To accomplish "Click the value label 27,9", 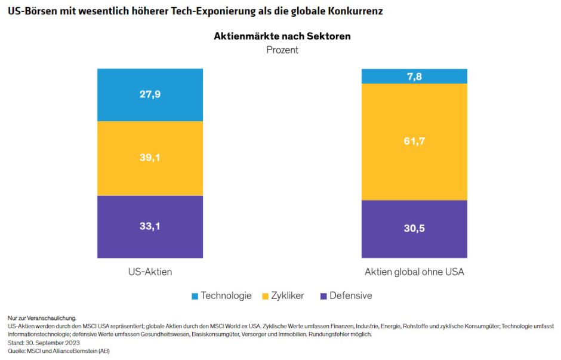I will point(150,95).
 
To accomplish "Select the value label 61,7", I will point(414,141).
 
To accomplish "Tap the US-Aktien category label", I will point(150,272).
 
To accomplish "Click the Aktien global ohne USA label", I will point(414,272).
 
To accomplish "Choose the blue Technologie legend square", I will point(195,296).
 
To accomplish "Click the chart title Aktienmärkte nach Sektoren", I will point(282,36).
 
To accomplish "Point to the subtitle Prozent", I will point(282,50).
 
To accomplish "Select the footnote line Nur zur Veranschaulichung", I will point(42,319).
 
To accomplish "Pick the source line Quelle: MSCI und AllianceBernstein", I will point(58,351).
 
